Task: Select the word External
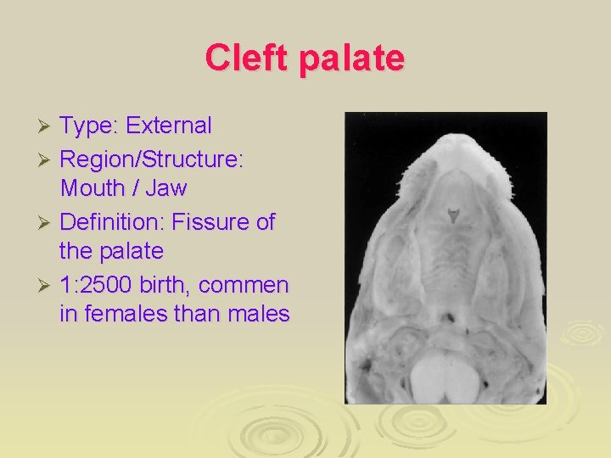(169, 126)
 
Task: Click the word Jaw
(167, 188)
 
